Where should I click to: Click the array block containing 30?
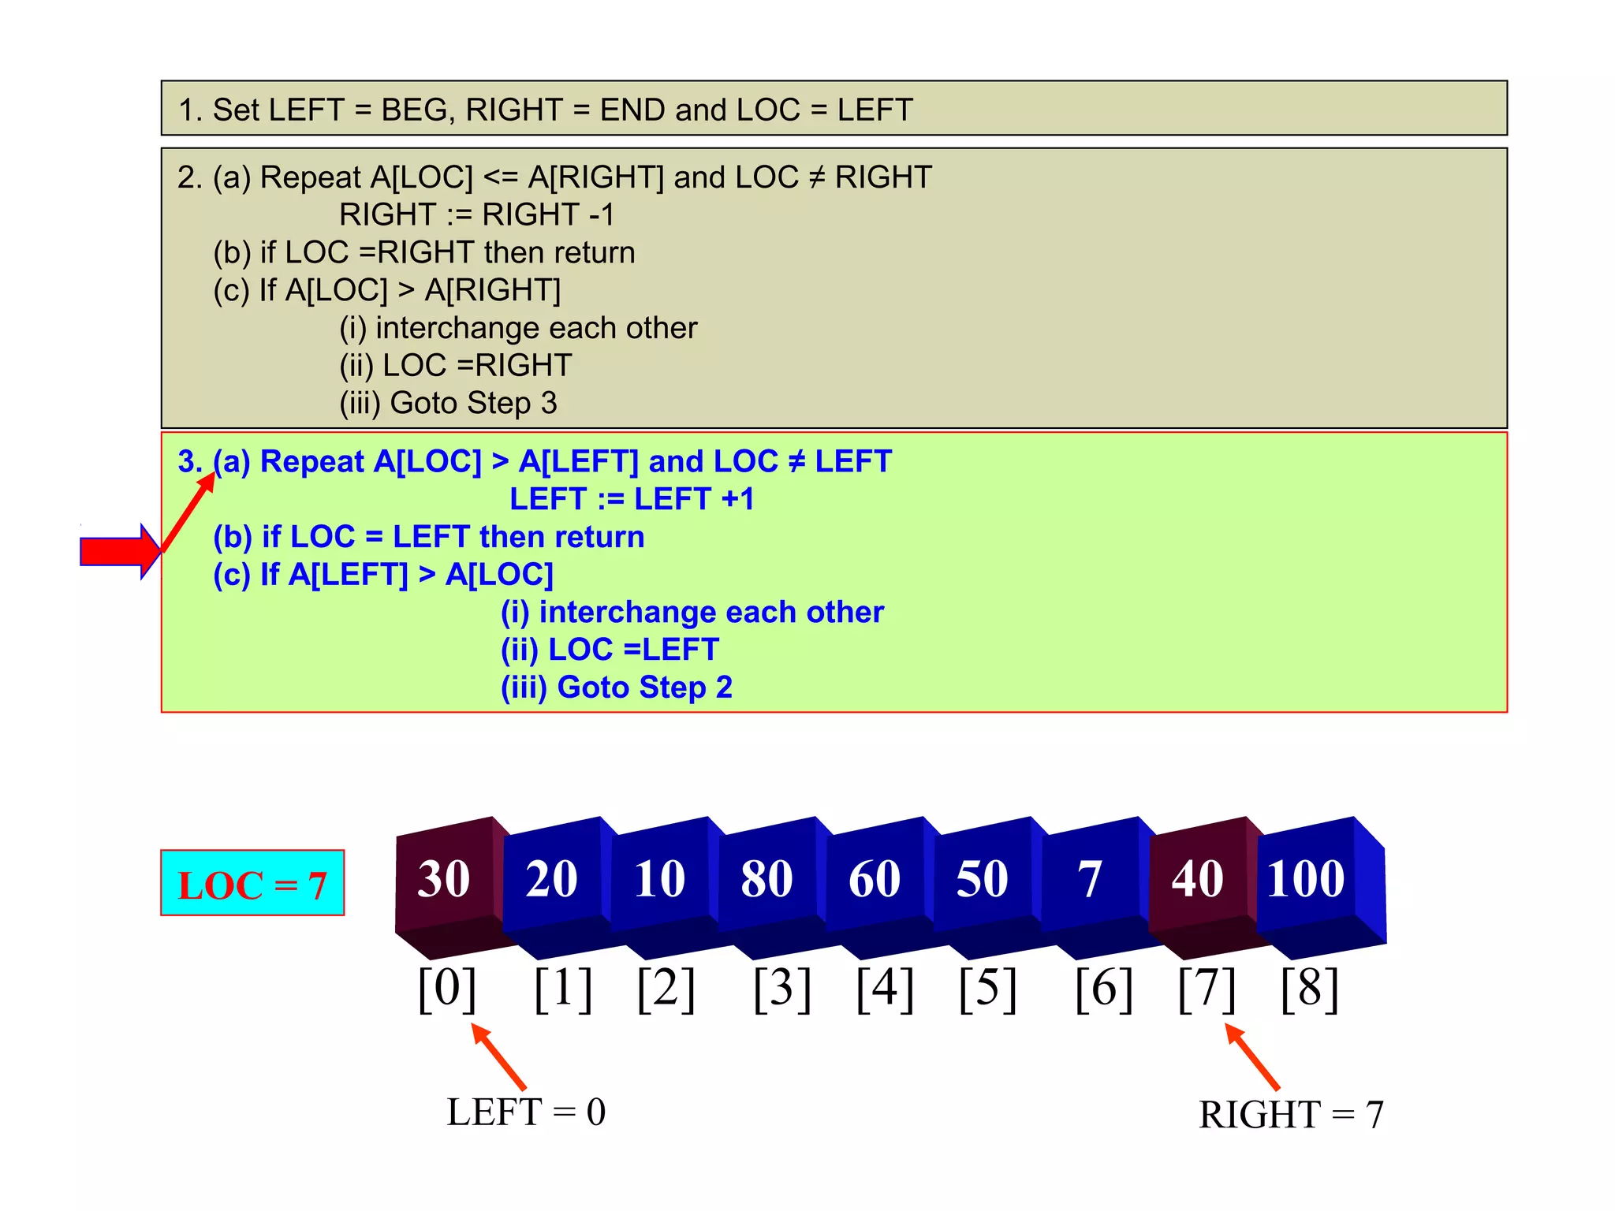tap(444, 879)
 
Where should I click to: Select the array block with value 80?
tap(766, 879)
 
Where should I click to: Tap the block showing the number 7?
tap(1089, 879)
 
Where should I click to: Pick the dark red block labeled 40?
tap(1197, 879)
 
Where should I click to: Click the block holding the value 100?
tap(1306, 879)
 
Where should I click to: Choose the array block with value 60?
tap(875, 879)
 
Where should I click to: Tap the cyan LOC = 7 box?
tap(252, 883)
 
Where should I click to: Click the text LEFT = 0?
tap(526, 1112)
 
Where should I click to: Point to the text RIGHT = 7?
tap(1291, 1115)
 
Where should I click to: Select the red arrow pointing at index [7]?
tap(1251, 1056)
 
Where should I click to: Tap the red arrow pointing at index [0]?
tap(498, 1056)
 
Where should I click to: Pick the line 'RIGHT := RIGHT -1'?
tap(476, 214)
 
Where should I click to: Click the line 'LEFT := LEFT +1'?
tap(632, 499)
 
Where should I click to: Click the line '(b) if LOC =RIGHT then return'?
tap(424, 252)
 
